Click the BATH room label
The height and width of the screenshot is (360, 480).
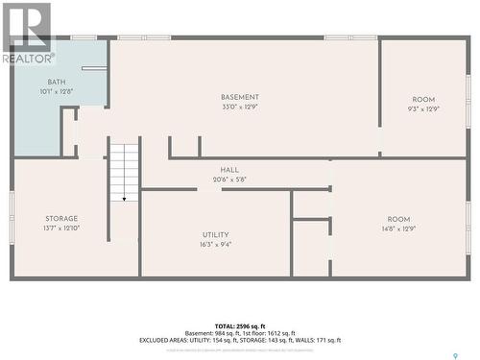(x=57, y=84)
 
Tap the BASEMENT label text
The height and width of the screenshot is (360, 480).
(x=240, y=97)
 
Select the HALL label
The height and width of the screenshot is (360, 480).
(x=229, y=170)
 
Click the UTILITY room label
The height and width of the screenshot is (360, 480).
(x=215, y=234)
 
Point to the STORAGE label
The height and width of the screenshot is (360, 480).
(x=61, y=219)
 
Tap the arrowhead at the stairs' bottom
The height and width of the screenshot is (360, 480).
(x=123, y=199)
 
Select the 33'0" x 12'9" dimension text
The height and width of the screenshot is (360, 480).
(x=240, y=107)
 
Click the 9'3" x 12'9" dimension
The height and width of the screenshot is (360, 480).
(x=423, y=108)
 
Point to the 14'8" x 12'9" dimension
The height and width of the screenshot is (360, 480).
(x=398, y=228)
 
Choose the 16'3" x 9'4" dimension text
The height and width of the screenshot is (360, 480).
(x=215, y=244)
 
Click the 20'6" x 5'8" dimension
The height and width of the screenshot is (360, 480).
(x=229, y=179)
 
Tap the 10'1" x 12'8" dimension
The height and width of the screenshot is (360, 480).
(x=57, y=93)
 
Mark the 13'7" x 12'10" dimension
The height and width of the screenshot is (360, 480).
(x=61, y=228)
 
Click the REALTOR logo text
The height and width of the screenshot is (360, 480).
(x=28, y=59)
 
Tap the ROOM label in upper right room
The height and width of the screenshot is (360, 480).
(x=423, y=99)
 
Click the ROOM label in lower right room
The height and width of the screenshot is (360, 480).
(x=398, y=219)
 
